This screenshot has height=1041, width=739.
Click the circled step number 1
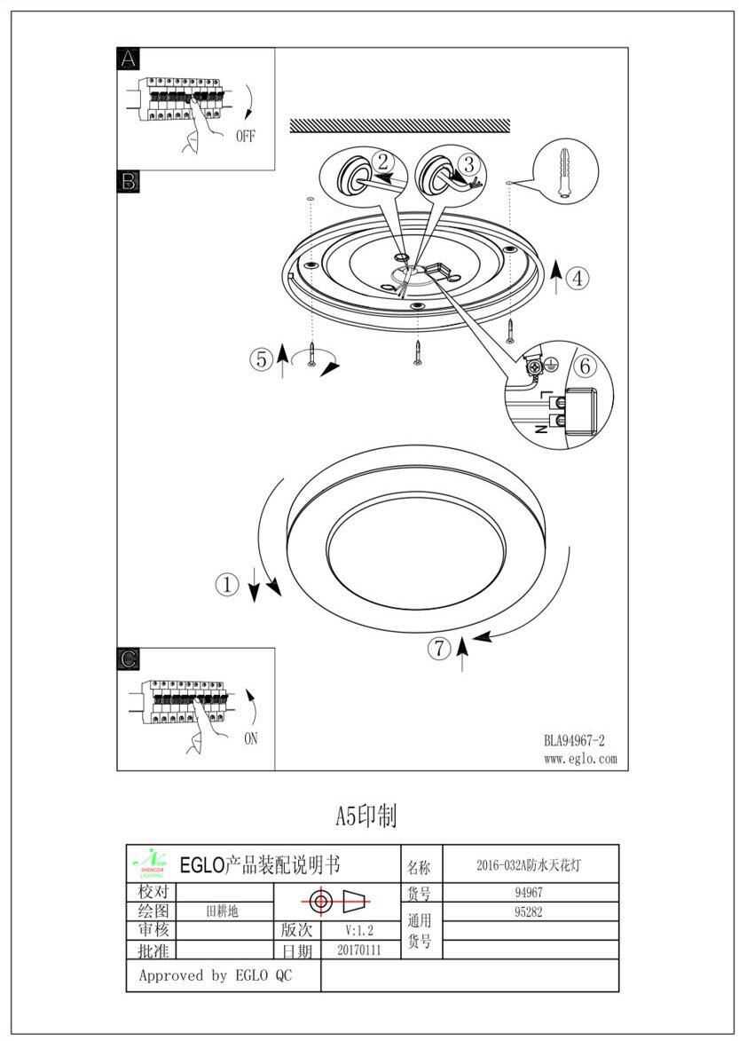point(228,584)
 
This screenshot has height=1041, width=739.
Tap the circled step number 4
point(577,279)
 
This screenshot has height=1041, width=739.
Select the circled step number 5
point(260,359)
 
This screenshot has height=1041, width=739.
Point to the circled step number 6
point(584,366)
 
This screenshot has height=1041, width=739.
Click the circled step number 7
point(439,649)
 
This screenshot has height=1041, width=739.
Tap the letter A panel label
point(129,59)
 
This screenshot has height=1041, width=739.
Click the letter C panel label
point(129,659)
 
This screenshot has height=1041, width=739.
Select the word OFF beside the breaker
point(246,137)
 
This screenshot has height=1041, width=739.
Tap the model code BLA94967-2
point(574,740)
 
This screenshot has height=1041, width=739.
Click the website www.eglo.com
point(579,759)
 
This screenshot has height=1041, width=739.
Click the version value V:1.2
point(360,930)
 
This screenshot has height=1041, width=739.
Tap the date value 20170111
point(359,950)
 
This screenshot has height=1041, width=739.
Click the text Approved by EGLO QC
point(216,975)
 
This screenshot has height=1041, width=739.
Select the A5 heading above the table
point(366,816)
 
